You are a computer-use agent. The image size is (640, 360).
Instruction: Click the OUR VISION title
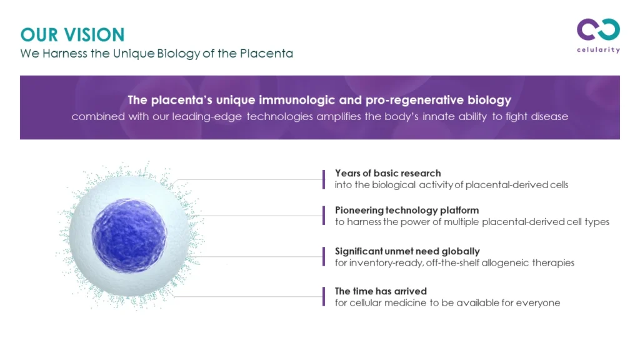[x=72, y=35]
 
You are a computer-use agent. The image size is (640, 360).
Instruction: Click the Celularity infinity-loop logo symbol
[x=598, y=29]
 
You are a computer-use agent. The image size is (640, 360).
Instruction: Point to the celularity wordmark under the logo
[x=598, y=50]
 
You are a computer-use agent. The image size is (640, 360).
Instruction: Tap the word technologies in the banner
[x=279, y=116]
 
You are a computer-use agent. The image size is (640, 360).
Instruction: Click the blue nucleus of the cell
[x=129, y=235]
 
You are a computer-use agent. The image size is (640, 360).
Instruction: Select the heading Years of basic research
[x=387, y=173]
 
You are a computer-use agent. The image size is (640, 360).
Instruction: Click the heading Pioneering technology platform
[x=407, y=210]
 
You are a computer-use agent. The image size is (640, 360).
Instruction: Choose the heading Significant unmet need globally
[x=407, y=251]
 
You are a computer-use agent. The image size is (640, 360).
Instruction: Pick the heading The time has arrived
[x=381, y=291]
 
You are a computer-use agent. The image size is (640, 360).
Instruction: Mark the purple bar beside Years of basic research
[x=324, y=179]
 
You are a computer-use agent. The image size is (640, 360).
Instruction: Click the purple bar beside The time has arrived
[x=324, y=297]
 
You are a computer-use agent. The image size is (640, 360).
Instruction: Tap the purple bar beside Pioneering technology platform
[x=324, y=216]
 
